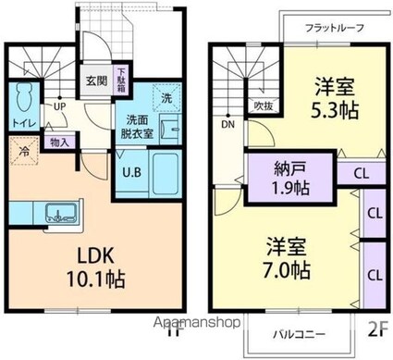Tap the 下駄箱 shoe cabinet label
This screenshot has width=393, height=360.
tap(121, 78)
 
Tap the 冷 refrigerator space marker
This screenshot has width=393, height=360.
tap(22, 149)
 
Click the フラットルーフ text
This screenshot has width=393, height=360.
tap(335, 28)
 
